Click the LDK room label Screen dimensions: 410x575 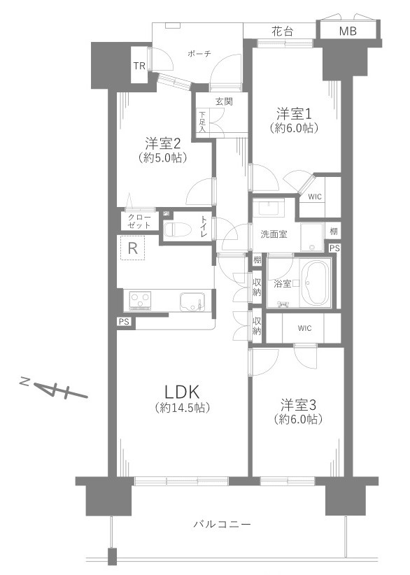click(x=183, y=392)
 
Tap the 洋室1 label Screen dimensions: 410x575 click(x=294, y=114)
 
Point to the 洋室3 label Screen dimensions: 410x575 click(x=298, y=405)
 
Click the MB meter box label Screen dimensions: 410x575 click(x=348, y=31)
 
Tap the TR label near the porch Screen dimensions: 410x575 click(x=139, y=66)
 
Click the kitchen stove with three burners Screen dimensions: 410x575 click(x=140, y=301)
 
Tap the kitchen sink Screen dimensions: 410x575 click(x=192, y=301)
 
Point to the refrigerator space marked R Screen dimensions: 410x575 click(x=132, y=248)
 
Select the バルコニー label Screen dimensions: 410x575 click(x=222, y=524)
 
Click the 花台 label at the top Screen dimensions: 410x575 click(x=283, y=31)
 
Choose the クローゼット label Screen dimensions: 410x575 click(x=139, y=221)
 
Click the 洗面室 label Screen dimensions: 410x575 click(x=274, y=234)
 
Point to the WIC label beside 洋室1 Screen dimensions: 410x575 click(x=315, y=197)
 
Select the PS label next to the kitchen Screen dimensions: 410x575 click(x=124, y=322)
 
